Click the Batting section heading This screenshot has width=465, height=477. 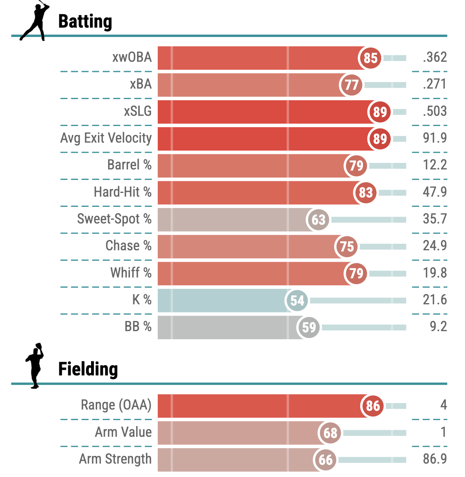(x=85, y=22)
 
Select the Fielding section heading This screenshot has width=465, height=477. (x=88, y=369)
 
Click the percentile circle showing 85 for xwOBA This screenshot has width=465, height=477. (x=370, y=58)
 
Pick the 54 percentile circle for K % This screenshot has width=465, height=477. (x=297, y=301)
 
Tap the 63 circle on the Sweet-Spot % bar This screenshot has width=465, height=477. (x=318, y=220)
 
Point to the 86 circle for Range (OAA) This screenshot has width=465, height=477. (x=373, y=405)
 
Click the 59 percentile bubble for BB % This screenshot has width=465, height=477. (x=309, y=327)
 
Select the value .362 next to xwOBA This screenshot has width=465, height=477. (x=435, y=57)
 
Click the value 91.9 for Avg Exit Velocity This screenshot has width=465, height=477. (x=435, y=138)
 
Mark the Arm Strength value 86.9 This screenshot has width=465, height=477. (x=435, y=459)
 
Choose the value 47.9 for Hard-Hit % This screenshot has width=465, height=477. (x=435, y=192)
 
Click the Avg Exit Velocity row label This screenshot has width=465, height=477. (x=106, y=138)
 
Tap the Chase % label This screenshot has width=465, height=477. (x=128, y=246)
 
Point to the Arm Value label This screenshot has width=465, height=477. (x=123, y=432)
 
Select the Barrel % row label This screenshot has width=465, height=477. (x=129, y=165)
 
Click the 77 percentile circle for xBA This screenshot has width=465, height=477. (x=351, y=85)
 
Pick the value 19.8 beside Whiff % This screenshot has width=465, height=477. (x=435, y=273)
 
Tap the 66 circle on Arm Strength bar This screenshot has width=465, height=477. (x=325, y=460)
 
